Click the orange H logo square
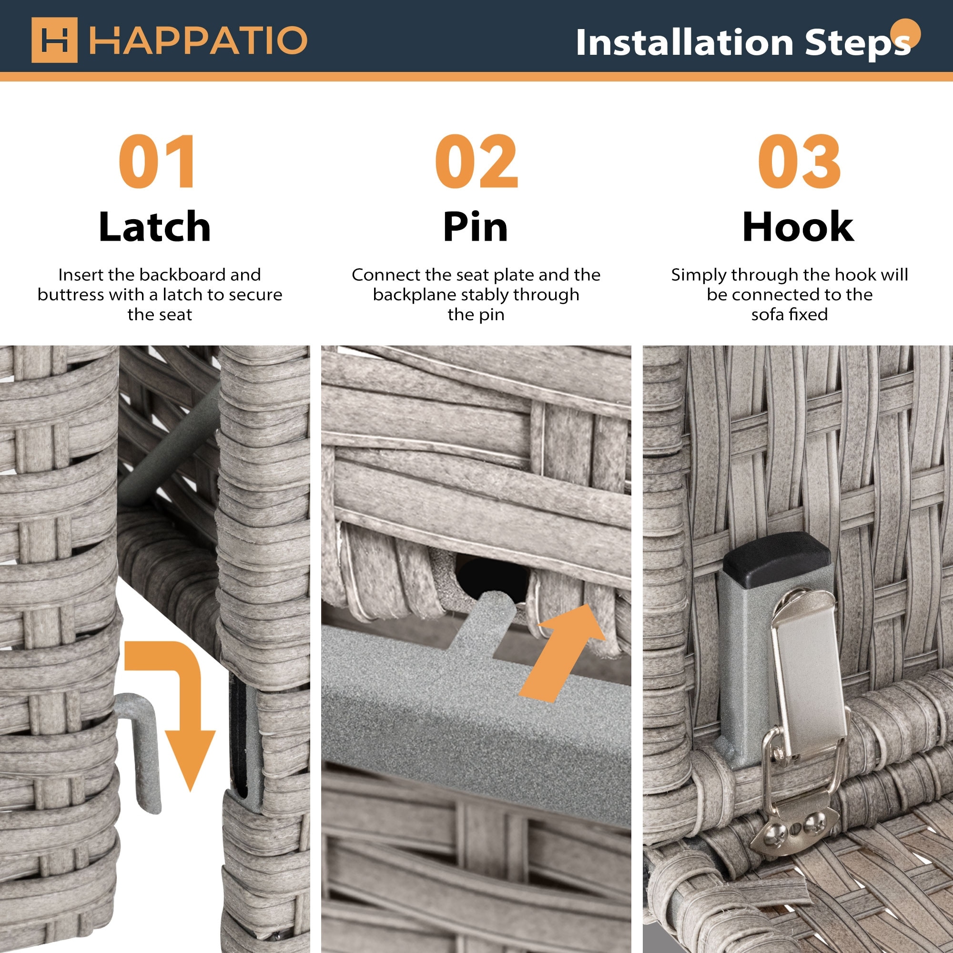point(54,40)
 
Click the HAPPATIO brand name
point(198,41)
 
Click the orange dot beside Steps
point(906,33)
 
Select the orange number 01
point(157,162)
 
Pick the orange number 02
point(476,162)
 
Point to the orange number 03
point(799,162)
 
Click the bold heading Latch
point(155,226)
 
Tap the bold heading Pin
point(476,226)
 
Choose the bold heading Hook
point(798,226)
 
